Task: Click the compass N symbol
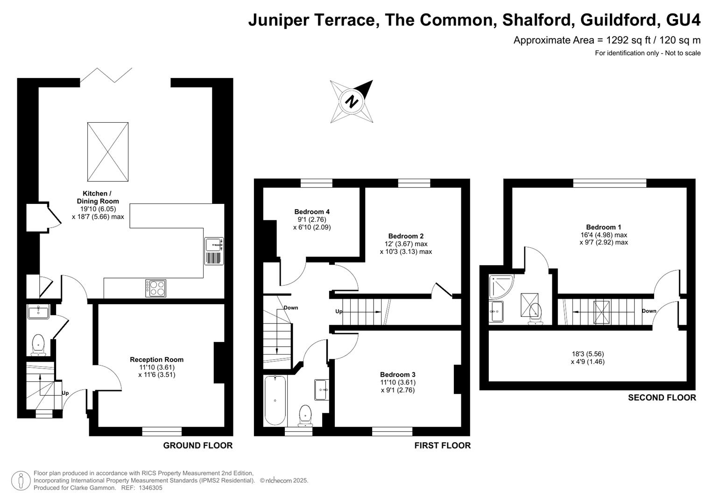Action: pyautogui.click(x=352, y=102)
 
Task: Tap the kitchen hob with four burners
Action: pyautogui.click(x=155, y=288)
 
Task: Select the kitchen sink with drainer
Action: pyautogui.click(x=214, y=251)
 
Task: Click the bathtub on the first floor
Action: pyautogui.click(x=275, y=400)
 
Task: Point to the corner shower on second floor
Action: pyautogui.click(x=501, y=287)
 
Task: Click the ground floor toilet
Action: pyautogui.click(x=38, y=345)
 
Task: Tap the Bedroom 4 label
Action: pyautogui.click(x=312, y=211)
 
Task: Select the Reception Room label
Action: pyautogui.click(x=156, y=359)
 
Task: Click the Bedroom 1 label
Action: pyautogui.click(x=603, y=227)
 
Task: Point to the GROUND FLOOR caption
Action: pyautogui.click(x=198, y=446)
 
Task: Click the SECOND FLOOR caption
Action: pyautogui.click(x=662, y=398)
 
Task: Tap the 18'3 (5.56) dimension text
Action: pyautogui.click(x=588, y=354)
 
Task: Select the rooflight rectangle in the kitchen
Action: pyautogui.click(x=108, y=152)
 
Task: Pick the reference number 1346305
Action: pyautogui.click(x=150, y=488)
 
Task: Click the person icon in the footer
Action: pyautogui.click(x=21, y=481)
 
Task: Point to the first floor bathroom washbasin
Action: pyautogui.click(x=322, y=390)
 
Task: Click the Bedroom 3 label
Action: pyautogui.click(x=398, y=374)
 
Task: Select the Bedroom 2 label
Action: pyautogui.click(x=406, y=236)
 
